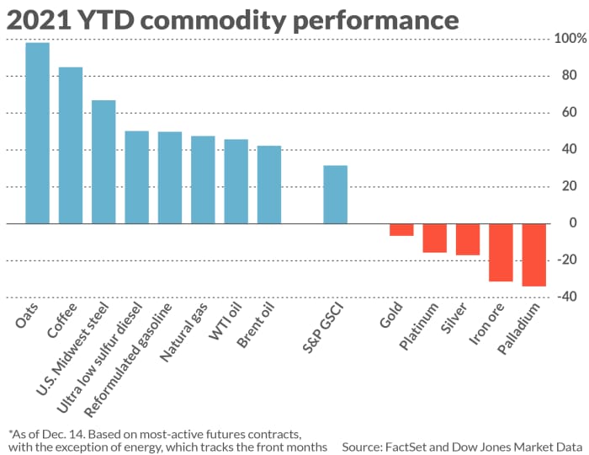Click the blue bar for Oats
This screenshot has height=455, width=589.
[37, 133]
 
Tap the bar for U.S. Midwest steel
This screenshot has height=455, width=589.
[103, 162]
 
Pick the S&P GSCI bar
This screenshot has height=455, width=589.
[336, 195]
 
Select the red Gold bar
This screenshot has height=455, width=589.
[401, 230]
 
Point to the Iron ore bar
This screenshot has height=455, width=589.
[501, 253]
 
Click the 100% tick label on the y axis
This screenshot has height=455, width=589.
[570, 39]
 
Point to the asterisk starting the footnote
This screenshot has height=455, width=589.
[10, 430]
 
